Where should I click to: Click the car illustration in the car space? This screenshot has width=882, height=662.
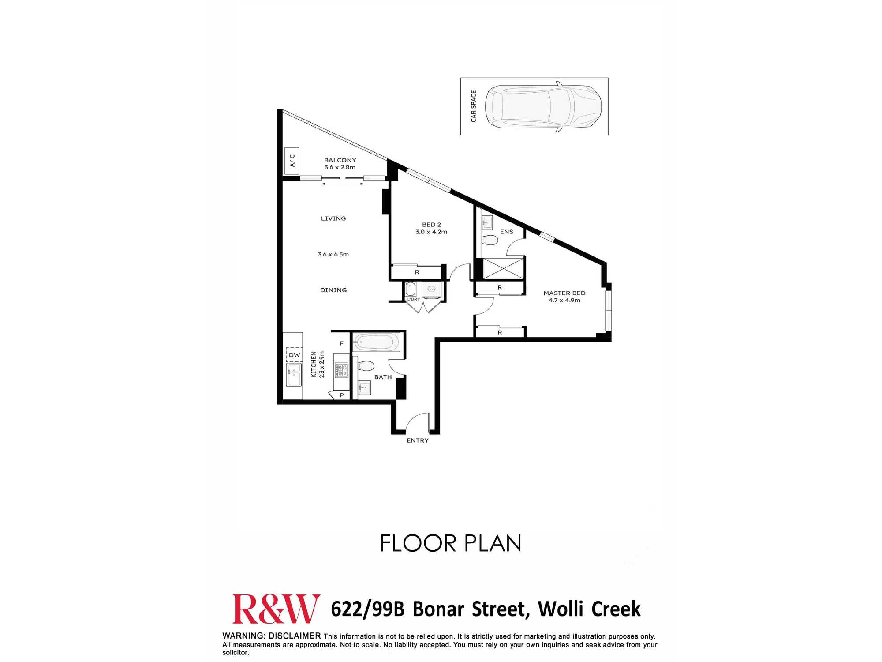tap(543, 106)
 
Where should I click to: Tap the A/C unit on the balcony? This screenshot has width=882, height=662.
tap(292, 161)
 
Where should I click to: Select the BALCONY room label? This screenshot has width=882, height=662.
tap(340, 160)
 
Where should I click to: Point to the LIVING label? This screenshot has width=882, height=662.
tap(333, 218)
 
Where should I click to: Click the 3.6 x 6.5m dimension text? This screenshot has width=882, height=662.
tap(333, 255)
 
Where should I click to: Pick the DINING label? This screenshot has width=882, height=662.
tap(333, 290)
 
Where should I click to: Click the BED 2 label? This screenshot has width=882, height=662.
tap(431, 225)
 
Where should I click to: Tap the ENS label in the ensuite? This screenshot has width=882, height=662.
tap(507, 232)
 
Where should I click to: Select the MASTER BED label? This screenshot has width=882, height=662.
tap(564, 293)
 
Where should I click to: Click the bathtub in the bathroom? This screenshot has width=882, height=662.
tap(377, 342)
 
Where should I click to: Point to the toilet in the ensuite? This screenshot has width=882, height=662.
tap(490, 240)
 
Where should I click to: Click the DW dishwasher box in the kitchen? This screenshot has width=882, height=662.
tap(294, 355)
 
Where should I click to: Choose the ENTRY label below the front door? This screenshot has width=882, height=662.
tap(418, 440)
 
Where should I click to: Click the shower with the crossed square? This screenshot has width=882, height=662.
tap(503, 268)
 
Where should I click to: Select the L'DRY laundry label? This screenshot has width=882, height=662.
tap(414, 299)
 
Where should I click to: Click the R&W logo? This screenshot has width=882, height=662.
tap(276, 609)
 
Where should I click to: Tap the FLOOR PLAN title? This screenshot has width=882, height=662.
tap(451, 543)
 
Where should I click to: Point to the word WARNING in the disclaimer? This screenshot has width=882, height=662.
tap(243, 636)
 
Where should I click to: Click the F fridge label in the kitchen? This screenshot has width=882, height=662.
tap(341, 343)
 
